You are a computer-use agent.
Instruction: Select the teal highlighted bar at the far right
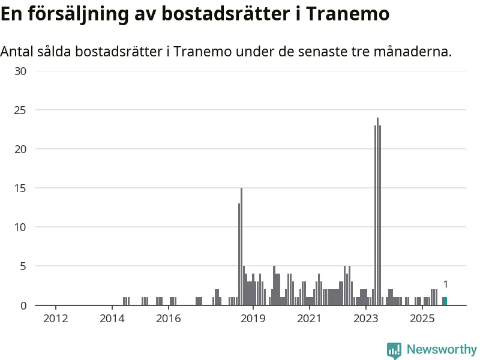(445, 301)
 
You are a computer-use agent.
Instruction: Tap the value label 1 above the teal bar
(446, 284)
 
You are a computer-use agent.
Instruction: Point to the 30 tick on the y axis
(21, 71)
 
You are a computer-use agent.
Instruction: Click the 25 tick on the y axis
(21, 110)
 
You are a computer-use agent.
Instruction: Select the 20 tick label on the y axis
(21, 149)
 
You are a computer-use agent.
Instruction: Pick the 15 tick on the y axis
(21, 188)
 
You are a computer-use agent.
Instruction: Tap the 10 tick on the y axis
(21, 227)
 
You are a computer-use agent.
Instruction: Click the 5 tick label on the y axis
(23, 266)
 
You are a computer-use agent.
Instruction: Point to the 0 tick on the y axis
(23, 305)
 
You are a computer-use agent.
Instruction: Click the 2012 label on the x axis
(55, 317)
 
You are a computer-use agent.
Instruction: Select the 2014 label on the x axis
(112, 317)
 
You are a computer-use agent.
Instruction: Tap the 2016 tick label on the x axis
(169, 317)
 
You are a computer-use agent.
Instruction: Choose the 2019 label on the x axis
(253, 317)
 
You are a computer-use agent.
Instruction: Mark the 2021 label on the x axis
(309, 317)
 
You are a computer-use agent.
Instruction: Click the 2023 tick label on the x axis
(366, 317)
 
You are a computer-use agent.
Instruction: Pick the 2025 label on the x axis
(422, 317)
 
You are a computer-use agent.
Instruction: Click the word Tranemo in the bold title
(348, 13)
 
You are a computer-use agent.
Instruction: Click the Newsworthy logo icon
(394, 350)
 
